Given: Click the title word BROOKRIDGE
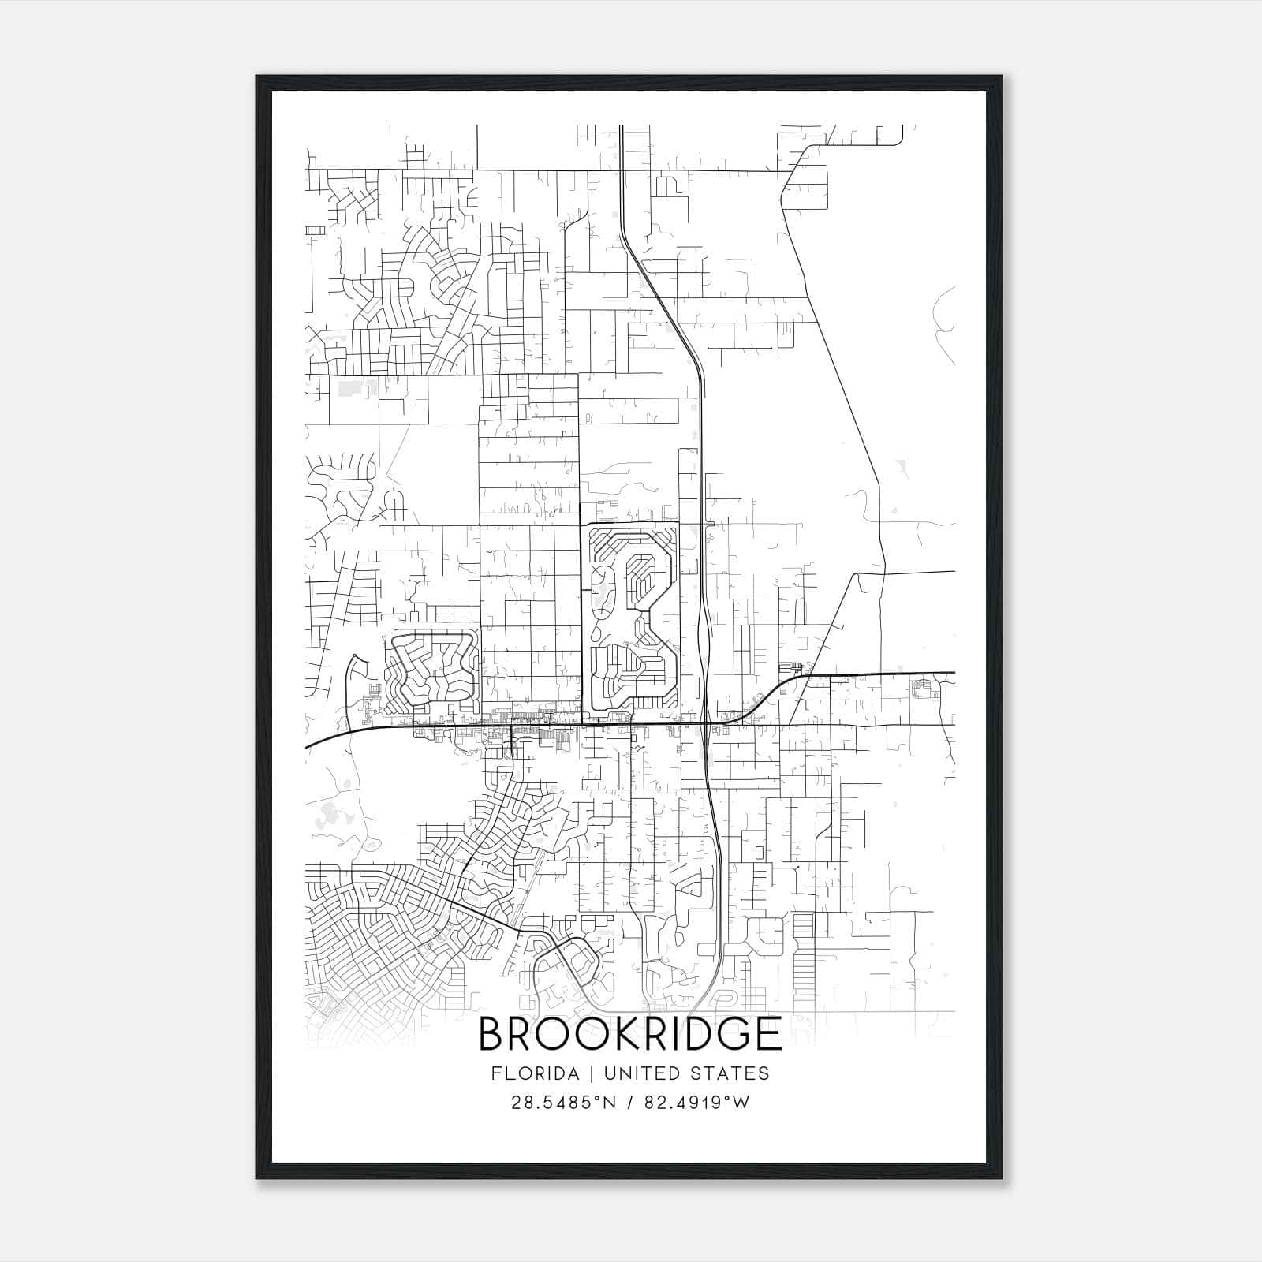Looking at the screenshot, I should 629,1034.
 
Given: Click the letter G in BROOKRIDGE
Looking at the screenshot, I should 730,1034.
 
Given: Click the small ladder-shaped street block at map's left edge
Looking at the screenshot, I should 315,230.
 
